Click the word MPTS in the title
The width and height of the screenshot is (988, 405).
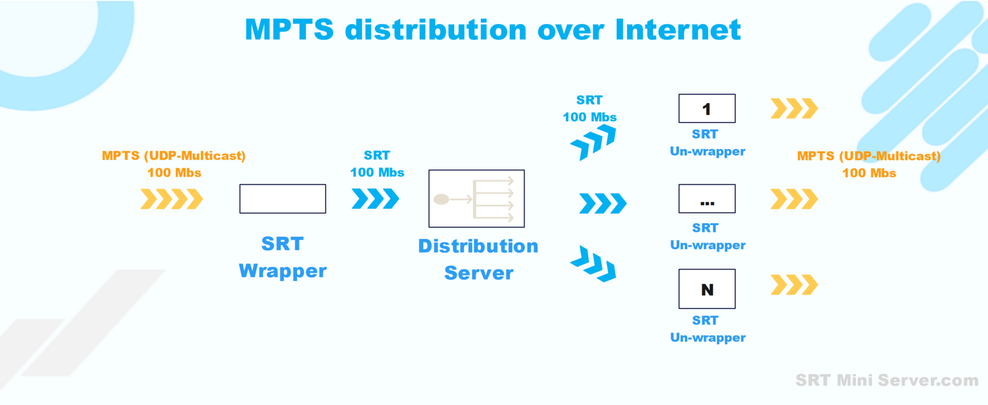(x=289, y=29)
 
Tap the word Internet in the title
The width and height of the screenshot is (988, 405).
(x=677, y=29)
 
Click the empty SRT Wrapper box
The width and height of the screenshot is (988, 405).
(x=282, y=199)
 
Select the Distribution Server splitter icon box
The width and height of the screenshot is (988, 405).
(x=476, y=199)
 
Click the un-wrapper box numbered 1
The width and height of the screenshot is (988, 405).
(x=706, y=108)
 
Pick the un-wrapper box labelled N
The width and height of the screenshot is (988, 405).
(x=706, y=289)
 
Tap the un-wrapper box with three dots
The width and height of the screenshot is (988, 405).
(x=706, y=199)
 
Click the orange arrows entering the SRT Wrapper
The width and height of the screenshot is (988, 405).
(x=172, y=199)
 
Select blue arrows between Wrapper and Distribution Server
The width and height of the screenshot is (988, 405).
(x=375, y=199)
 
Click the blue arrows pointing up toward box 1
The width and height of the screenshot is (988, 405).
(x=593, y=142)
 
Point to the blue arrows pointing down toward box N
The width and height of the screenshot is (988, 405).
(x=593, y=264)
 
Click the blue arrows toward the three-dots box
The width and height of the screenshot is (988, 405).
(x=603, y=204)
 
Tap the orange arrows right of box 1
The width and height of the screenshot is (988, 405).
(x=794, y=108)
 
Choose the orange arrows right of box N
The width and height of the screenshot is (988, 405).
(x=794, y=285)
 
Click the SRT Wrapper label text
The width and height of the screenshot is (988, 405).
(x=282, y=257)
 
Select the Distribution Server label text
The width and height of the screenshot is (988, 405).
(x=478, y=259)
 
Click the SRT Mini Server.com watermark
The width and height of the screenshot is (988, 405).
(x=886, y=380)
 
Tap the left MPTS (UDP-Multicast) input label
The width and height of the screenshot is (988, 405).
(x=173, y=156)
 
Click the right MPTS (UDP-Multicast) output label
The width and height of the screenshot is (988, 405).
(x=869, y=157)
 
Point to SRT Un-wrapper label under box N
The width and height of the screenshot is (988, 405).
(x=707, y=329)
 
